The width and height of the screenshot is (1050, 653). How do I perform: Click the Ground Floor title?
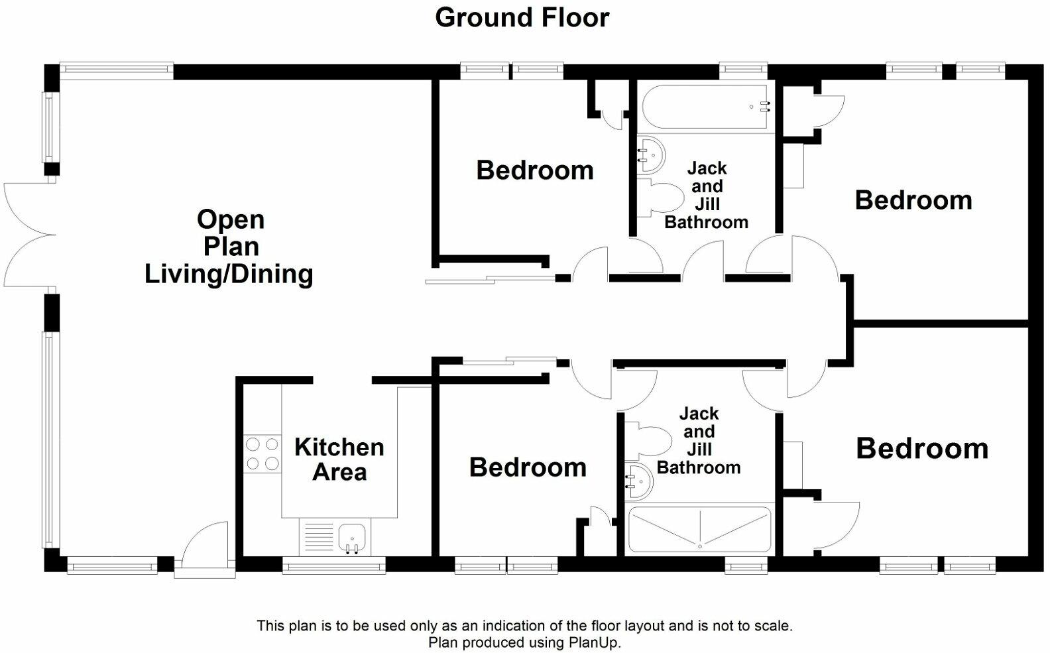(x=522, y=17)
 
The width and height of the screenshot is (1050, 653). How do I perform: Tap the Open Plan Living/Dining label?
(x=229, y=247)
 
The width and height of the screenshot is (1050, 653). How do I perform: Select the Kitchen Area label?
(x=339, y=459)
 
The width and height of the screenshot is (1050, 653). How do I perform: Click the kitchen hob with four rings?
(x=262, y=454)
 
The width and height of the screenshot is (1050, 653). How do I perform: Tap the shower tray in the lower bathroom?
(x=699, y=530)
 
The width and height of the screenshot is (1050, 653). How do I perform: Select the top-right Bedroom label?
(x=913, y=200)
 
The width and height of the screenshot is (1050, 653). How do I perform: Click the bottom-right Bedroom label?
(x=921, y=448)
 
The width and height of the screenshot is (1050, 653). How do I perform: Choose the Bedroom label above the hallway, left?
(x=534, y=170)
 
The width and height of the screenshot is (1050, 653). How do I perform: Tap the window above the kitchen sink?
(x=334, y=566)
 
